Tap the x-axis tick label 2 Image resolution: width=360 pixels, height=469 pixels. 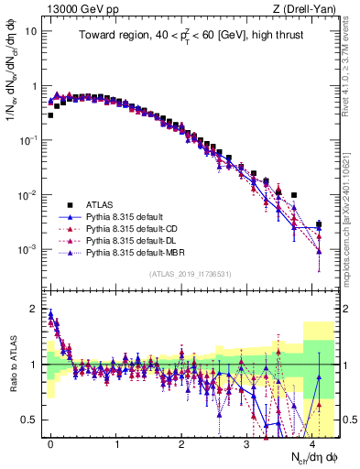[181, 442]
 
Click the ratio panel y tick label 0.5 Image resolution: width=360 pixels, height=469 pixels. [34, 420]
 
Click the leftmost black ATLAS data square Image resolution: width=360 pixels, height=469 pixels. [51, 115]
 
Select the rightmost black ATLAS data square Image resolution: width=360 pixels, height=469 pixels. [319, 224]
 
